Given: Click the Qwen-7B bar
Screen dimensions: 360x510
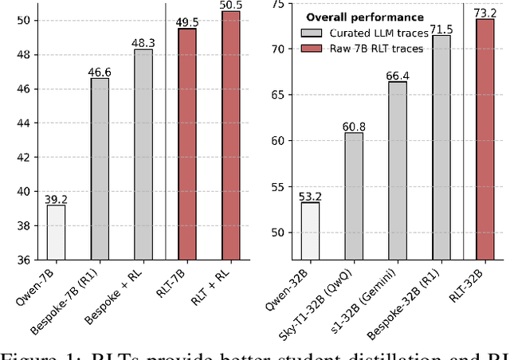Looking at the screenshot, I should tap(56, 232).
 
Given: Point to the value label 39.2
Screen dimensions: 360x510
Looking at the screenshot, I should tap(56, 199).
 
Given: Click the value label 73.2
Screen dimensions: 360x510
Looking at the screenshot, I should tap(485, 13).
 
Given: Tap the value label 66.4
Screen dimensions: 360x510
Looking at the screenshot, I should tap(398, 76).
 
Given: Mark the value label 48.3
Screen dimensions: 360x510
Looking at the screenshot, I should tap(143, 43).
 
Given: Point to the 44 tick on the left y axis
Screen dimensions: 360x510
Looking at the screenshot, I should tap(22, 123).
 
